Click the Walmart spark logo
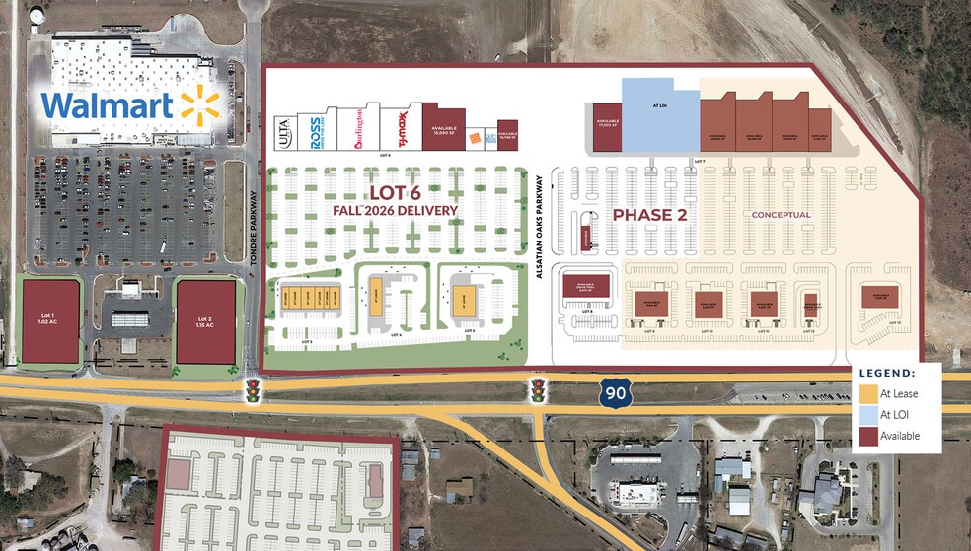coord(197,106)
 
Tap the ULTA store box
coord(284,133)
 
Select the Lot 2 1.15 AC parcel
coord(205,320)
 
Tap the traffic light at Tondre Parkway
coord(254,389)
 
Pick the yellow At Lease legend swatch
coord(868,393)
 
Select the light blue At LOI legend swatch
coord(868,414)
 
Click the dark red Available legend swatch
coord(868,435)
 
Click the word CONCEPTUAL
coord(781,214)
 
